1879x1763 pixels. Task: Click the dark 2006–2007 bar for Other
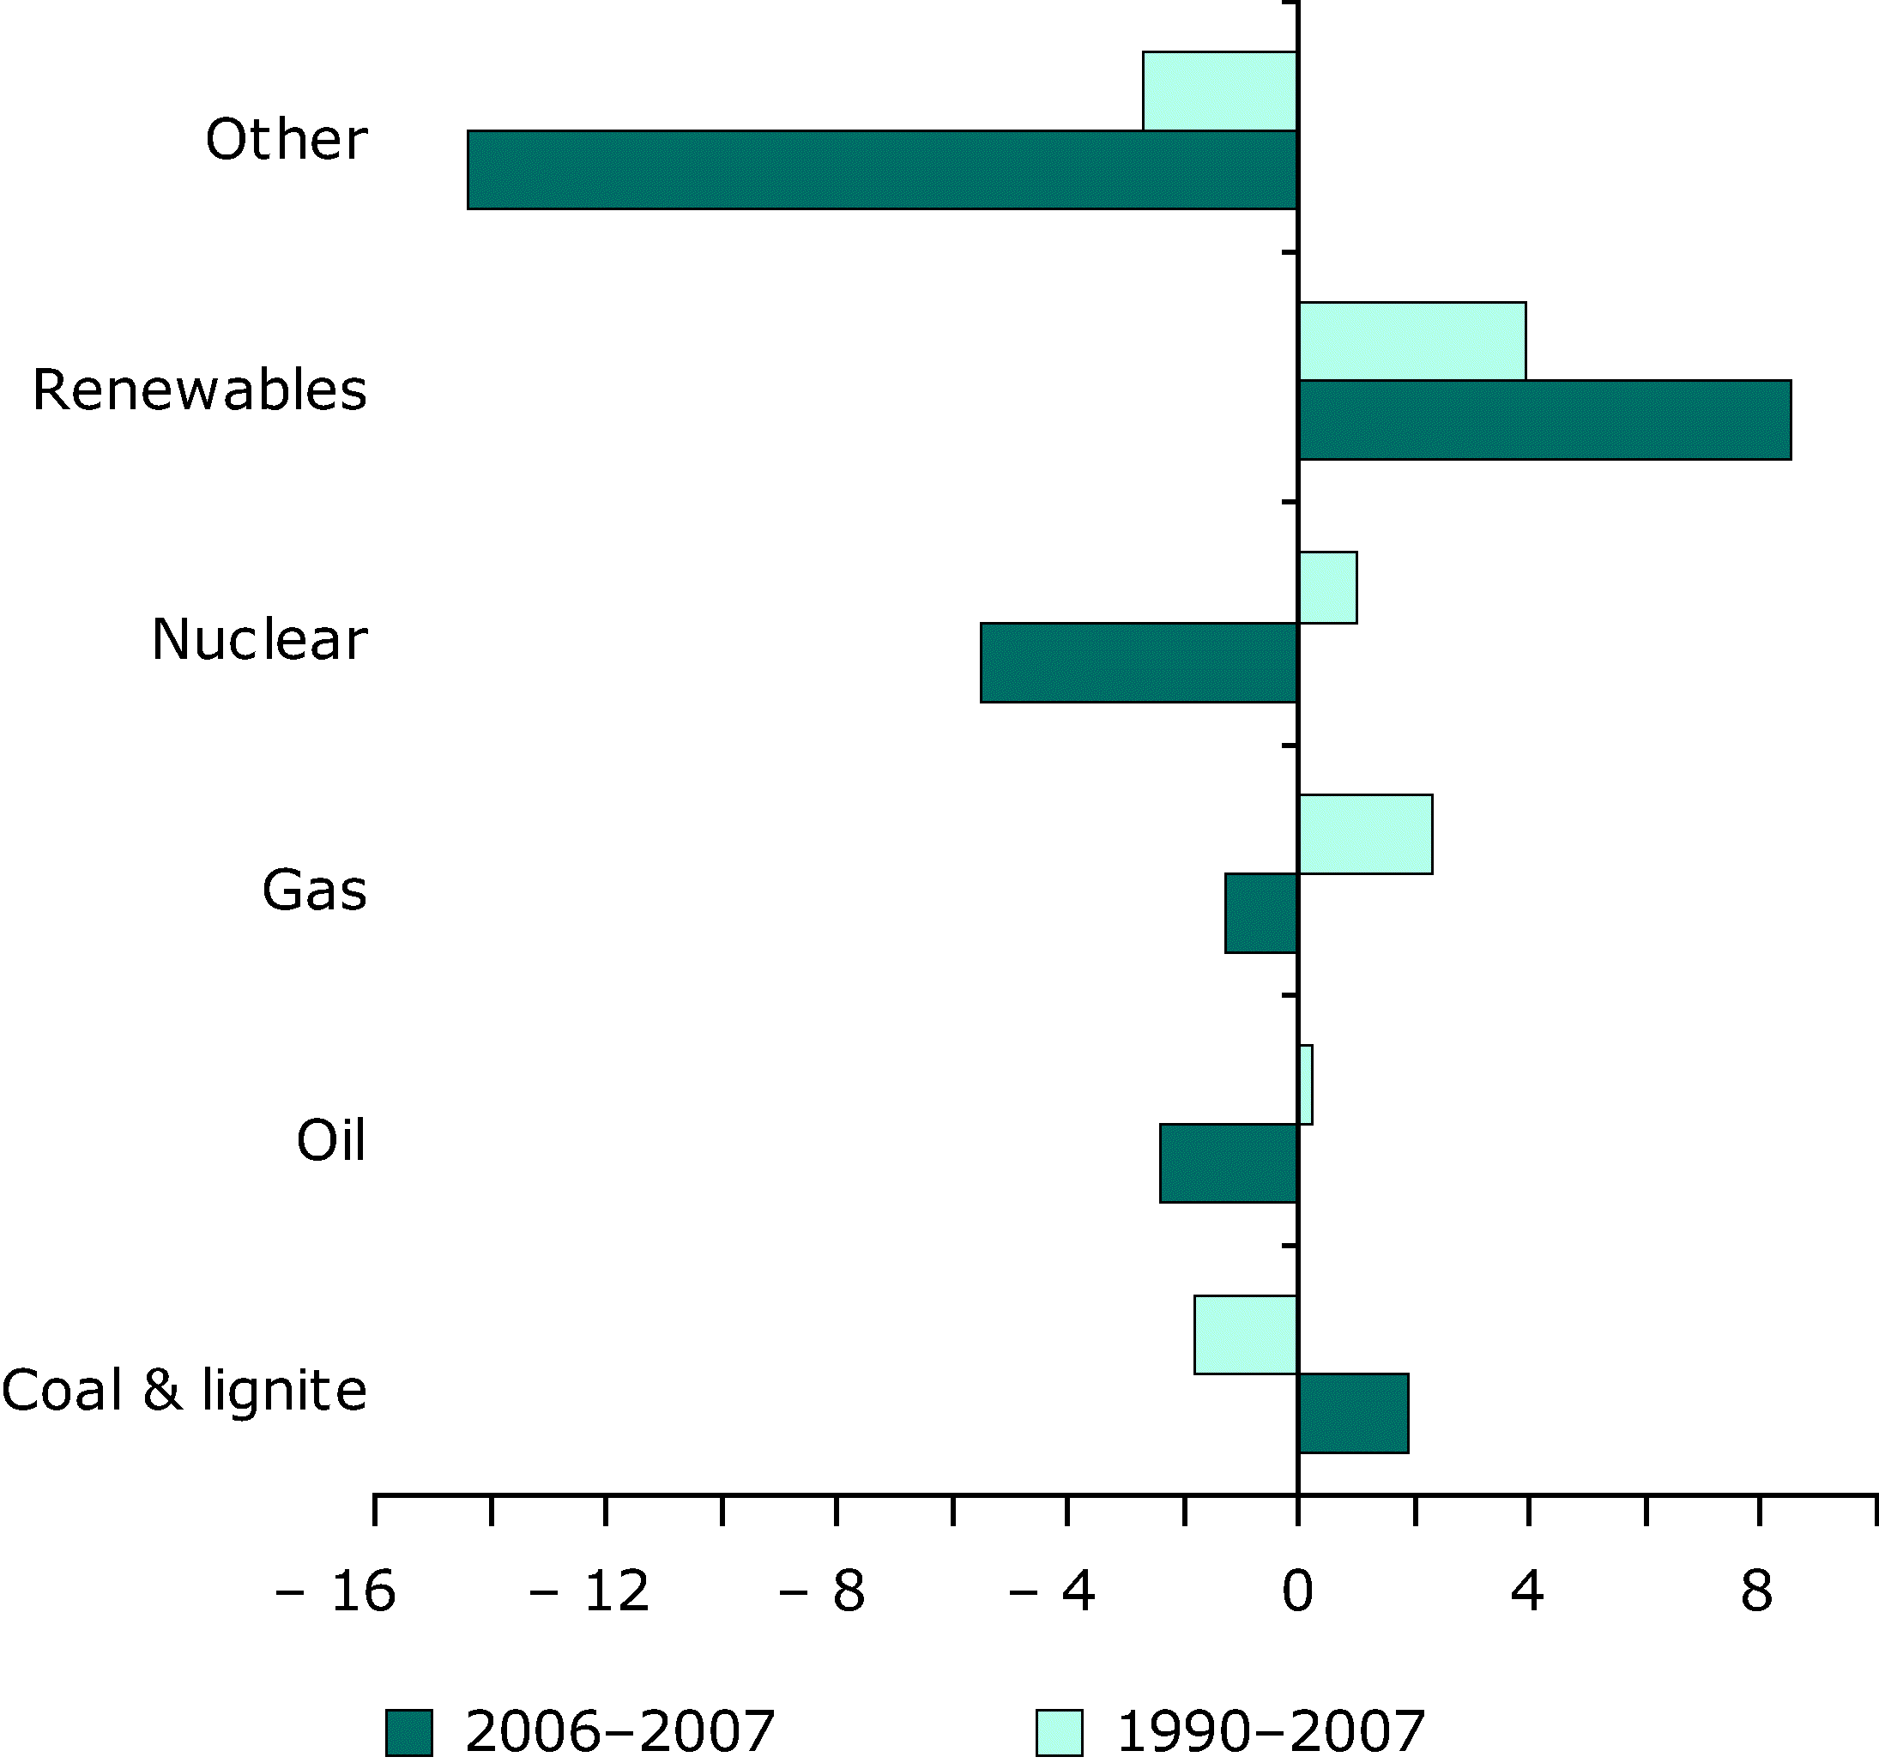coord(882,169)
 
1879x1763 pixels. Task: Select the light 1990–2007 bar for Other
coord(1219,91)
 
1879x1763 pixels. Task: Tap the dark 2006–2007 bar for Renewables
coord(1544,420)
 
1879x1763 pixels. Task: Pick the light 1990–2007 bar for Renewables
coord(1412,341)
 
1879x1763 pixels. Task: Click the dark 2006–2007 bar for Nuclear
coord(1139,662)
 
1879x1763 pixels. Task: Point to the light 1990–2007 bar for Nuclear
coord(1328,587)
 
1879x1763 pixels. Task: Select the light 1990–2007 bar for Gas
coord(1366,834)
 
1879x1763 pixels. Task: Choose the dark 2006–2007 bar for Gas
coord(1261,913)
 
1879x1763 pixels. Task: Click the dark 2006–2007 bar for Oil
coord(1229,1162)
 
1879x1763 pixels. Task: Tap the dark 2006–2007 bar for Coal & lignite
coord(1354,1413)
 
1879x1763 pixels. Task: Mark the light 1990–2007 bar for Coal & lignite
coord(1246,1335)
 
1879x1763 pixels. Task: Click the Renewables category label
coord(199,390)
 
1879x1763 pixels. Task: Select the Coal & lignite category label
coord(184,1391)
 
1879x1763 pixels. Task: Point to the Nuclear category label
coord(259,640)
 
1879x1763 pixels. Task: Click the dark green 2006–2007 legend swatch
coord(409,1733)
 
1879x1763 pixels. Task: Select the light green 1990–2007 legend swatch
coord(1060,1733)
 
